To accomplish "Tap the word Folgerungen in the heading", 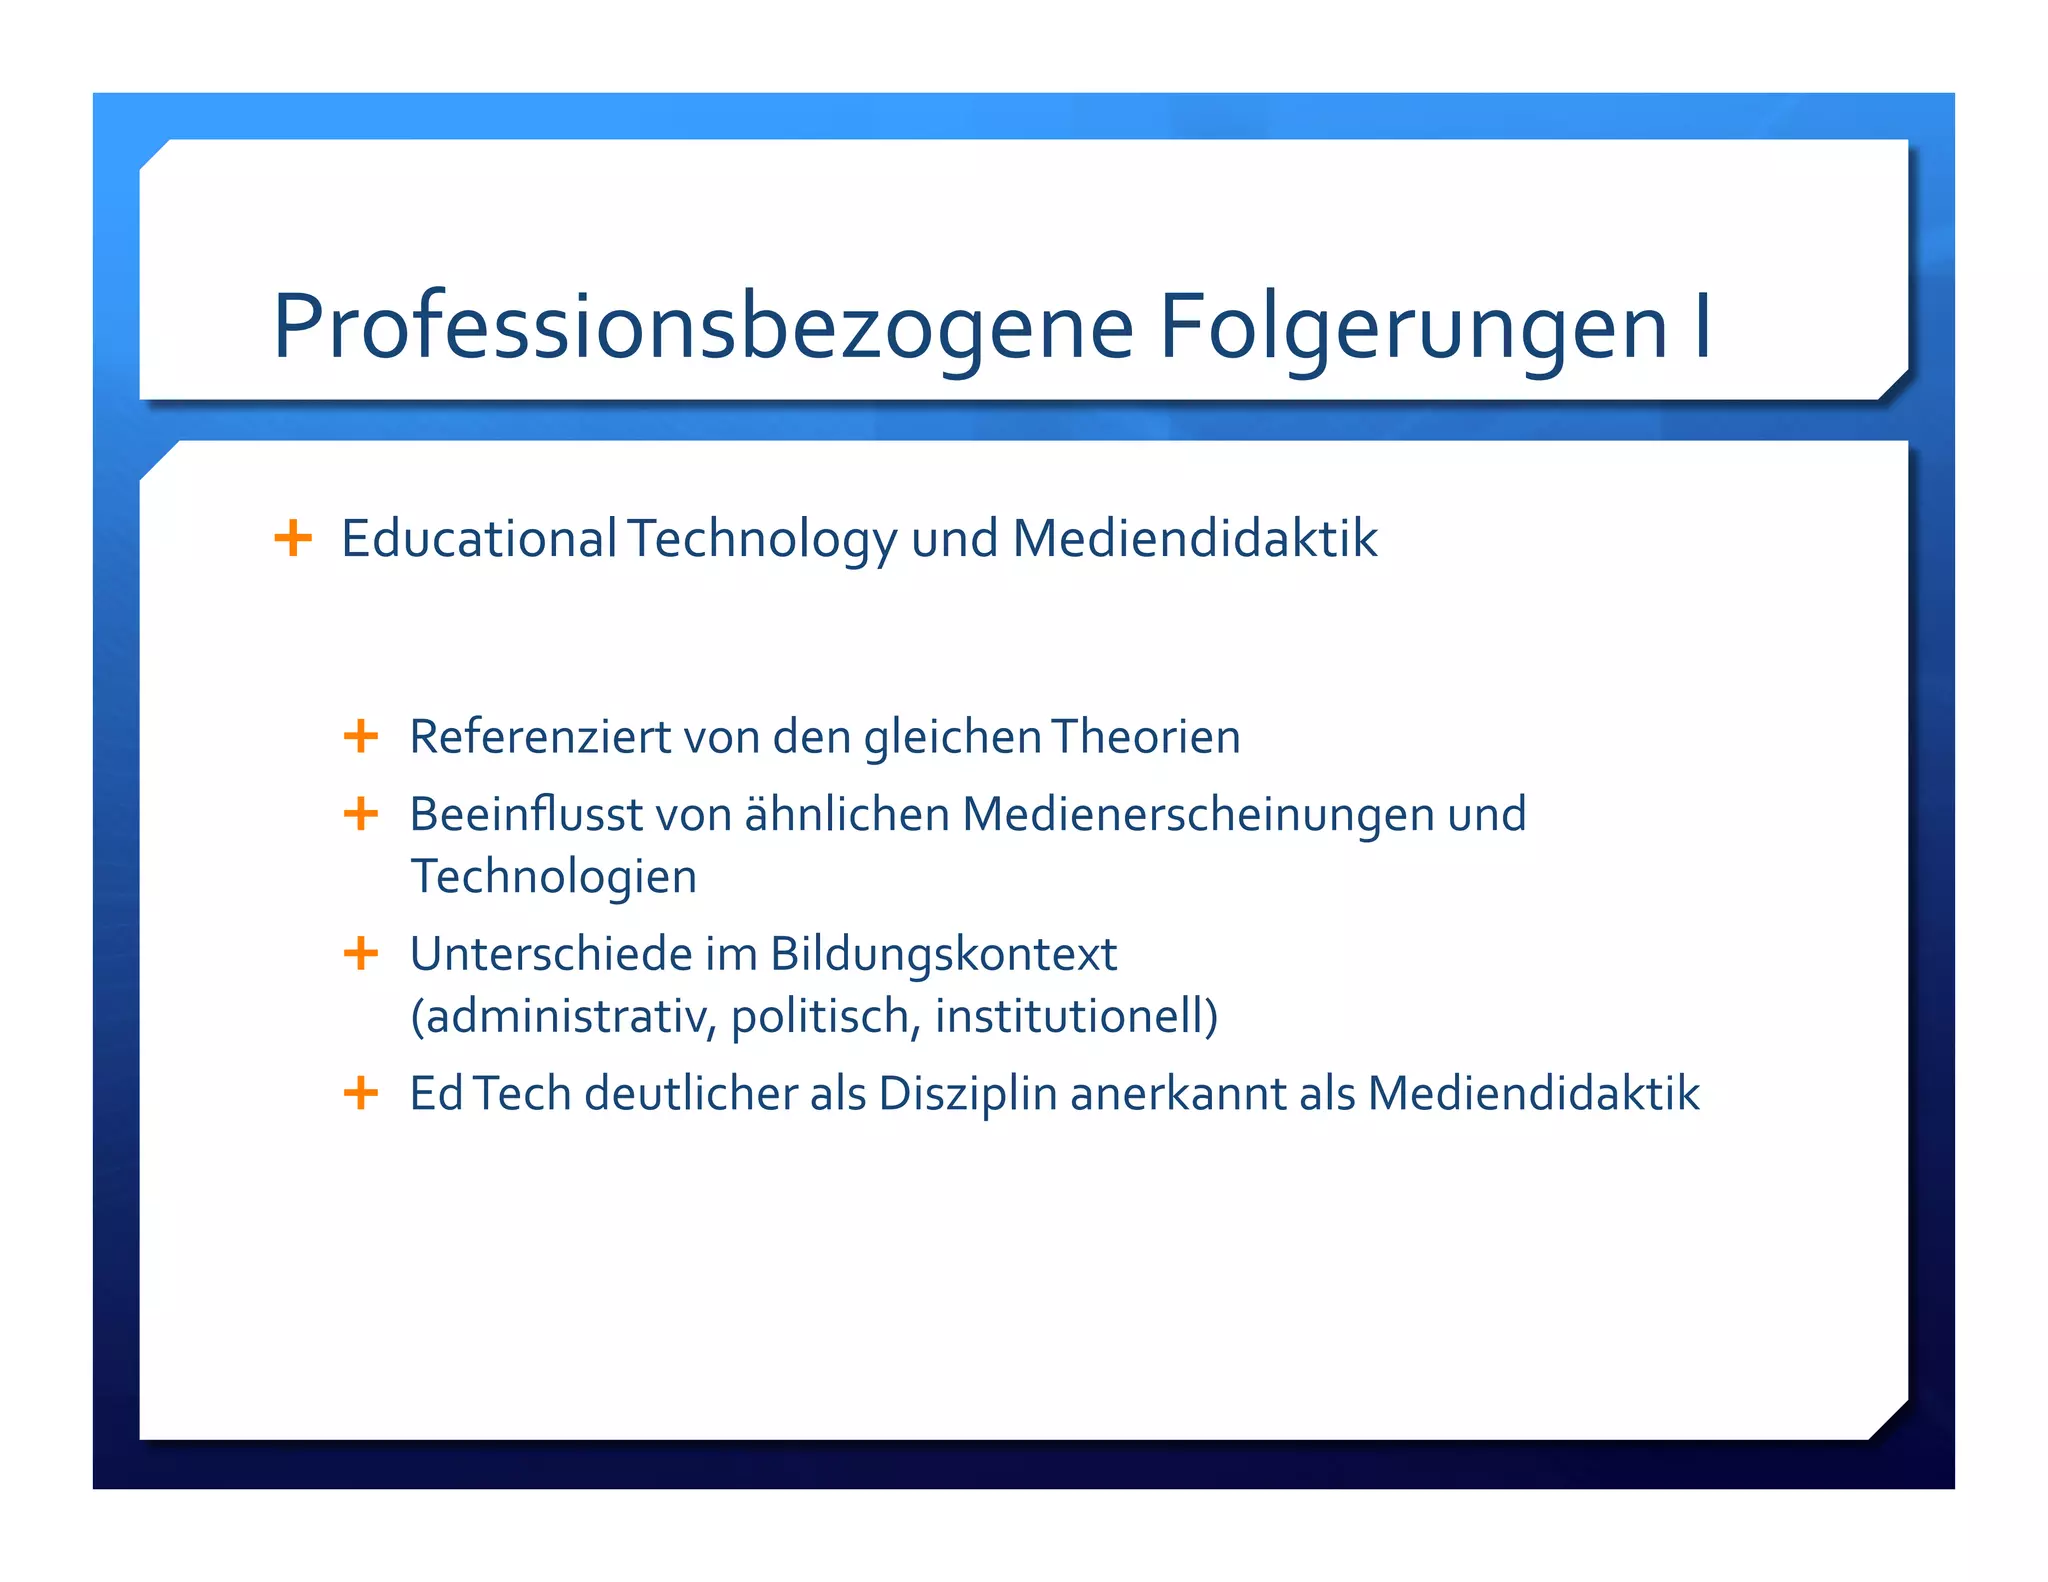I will (1413, 327).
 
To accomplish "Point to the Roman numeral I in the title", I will (1702, 327).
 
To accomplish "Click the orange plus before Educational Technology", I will (293, 538).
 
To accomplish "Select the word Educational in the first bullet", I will (479, 538).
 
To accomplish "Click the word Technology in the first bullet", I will (763, 540).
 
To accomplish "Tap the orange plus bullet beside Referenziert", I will (361, 737).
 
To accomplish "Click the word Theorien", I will (1146, 737).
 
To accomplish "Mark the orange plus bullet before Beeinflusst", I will (361, 814).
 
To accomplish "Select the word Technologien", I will (554, 876).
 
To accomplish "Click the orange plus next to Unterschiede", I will (361, 954).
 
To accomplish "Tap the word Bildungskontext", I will (943, 954).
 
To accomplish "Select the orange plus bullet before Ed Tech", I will (361, 1093).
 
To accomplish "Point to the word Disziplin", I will (968, 1093).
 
